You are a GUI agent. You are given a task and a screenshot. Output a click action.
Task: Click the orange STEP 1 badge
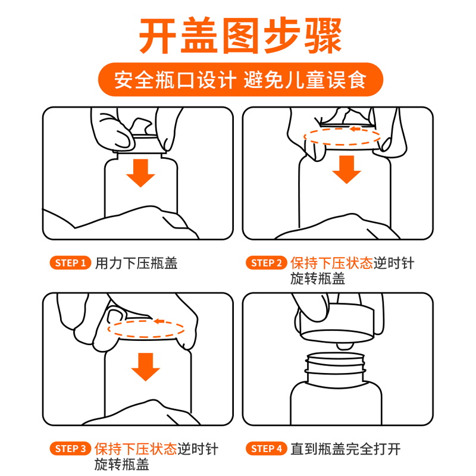click(x=70, y=263)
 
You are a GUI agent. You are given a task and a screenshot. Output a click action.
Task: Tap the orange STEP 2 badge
click(x=266, y=263)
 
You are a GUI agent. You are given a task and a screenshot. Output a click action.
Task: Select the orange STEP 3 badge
click(x=70, y=449)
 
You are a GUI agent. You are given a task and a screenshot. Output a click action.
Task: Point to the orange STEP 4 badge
click(x=266, y=449)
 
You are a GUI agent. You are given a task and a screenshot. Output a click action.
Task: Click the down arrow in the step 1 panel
click(x=140, y=173)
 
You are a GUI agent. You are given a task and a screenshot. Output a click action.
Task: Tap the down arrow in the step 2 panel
click(x=346, y=170)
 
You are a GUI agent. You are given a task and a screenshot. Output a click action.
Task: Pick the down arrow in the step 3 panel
click(x=145, y=367)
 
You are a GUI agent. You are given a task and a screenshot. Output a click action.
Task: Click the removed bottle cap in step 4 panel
click(x=337, y=322)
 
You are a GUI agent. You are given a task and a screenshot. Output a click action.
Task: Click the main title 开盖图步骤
click(x=240, y=36)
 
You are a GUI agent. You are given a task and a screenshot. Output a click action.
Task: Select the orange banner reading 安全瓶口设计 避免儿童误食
click(x=240, y=80)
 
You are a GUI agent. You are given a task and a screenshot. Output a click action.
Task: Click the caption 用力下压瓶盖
click(x=136, y=263)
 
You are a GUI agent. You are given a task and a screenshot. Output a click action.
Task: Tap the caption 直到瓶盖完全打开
click(x=346, y=449)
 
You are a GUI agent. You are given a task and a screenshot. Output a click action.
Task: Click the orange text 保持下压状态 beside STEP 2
click(x=331, y=263)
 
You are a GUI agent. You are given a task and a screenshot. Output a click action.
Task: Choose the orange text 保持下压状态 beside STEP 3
click(x=136, y=449)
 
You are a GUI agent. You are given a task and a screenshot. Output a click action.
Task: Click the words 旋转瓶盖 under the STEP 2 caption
click(x=318, y=278)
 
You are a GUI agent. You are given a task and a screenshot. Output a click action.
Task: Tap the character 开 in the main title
click(x=158, y=36)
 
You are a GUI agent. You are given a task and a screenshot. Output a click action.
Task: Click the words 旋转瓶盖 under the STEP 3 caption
click(x=122, y=465)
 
